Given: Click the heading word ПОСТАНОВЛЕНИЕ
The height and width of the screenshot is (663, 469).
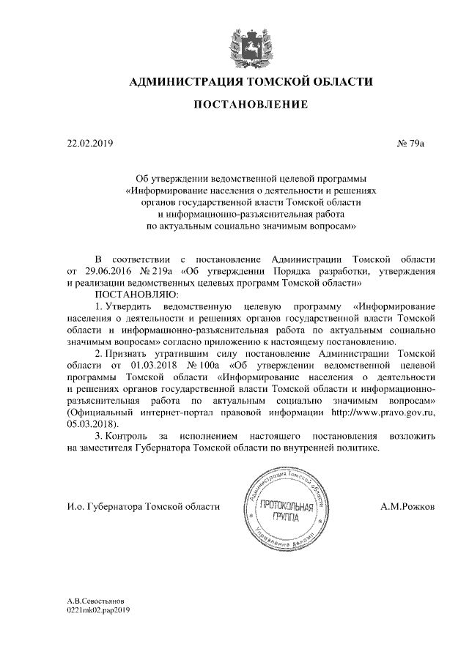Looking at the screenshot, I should point(250,105).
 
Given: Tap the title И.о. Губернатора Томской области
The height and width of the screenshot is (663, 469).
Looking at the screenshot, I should point(143,506).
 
